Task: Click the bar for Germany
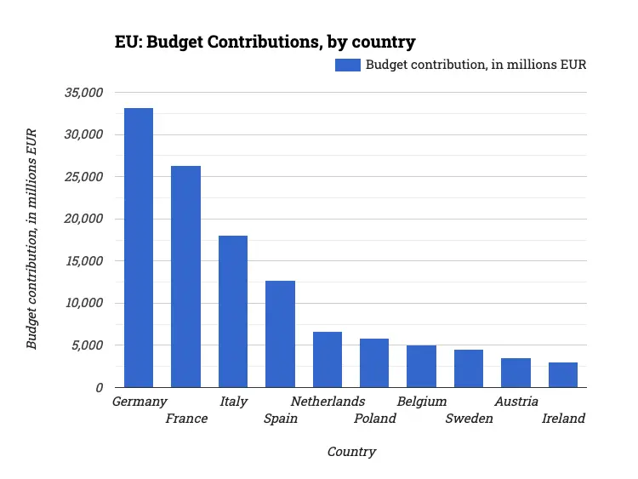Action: (139, 248)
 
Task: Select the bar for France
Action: (185, 277)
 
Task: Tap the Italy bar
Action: (233, 311)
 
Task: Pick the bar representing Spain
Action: (280, 334)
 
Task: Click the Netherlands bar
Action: (328, 359)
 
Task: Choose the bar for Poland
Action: (374, 362)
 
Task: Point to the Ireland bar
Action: (563, 374)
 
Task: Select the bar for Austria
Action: (516, 373)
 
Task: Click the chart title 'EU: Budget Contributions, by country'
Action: (265, 42)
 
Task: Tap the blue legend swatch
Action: (348, 65)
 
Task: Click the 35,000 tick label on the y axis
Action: (83, 92)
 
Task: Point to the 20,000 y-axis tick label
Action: (83, 219)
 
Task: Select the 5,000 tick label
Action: (87, 345)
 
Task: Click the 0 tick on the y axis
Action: (99, 387)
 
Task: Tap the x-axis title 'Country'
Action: (351, 452)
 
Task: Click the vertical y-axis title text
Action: (31, 239)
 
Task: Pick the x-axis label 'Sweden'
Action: (469, 419)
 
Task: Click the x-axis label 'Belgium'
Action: (422, 401)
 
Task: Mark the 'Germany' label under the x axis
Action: (140, 401)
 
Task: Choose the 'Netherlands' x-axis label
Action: (328, 401)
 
